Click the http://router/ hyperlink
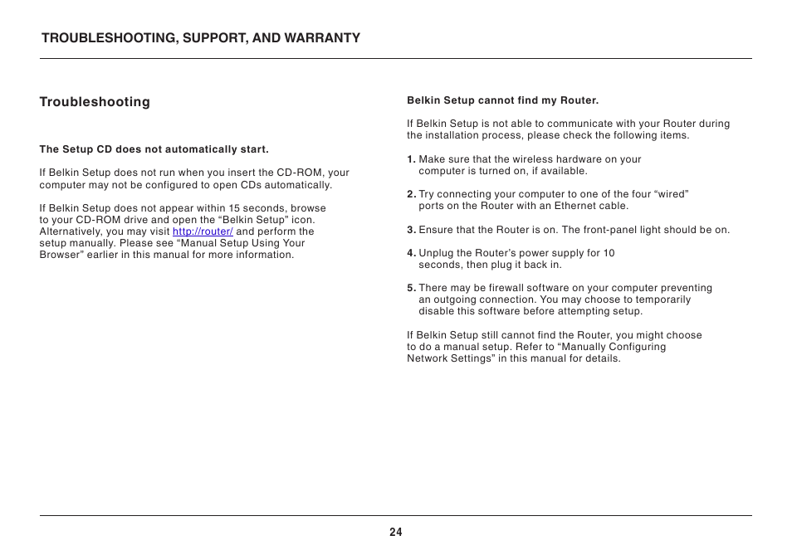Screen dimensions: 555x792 tap(203, 231)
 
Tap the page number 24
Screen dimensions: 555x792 tap(396, 533)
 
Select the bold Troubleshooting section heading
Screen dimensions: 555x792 tap(95, 102)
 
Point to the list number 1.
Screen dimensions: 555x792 tap(411, 159)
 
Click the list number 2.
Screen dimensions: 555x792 tap(411, 194)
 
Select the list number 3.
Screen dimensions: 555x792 tap(411, 230)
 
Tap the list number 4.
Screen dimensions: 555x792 tap(411, 253)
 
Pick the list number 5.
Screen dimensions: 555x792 tap(411, 288)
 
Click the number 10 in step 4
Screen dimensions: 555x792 tap(609, 253)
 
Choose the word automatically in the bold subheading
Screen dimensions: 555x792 tap(198, 150)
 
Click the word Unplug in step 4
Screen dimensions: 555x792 tap(436, 253)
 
